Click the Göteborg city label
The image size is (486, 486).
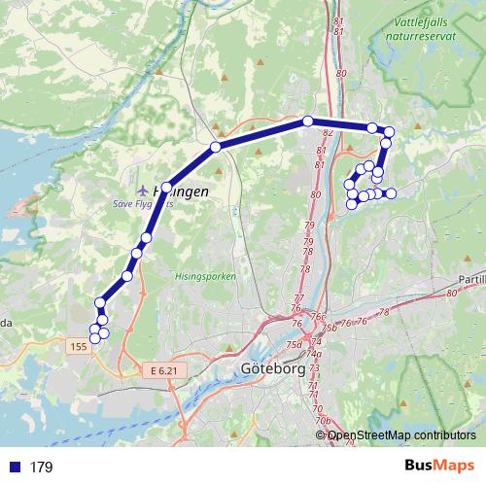pos(270,370)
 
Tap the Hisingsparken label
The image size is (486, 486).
pos(205,276)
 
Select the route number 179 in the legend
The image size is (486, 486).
pos(41,468)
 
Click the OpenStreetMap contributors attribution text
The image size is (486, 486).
pos(401,436)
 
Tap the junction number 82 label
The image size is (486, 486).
pos(327,132)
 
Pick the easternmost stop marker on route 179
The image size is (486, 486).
pos(392,194)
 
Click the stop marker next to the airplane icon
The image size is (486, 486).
pos(167,188)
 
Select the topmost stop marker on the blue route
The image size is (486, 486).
pos(308,121)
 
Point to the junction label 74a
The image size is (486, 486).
pos(315,355)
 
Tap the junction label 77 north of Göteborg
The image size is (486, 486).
pos(298,297)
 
